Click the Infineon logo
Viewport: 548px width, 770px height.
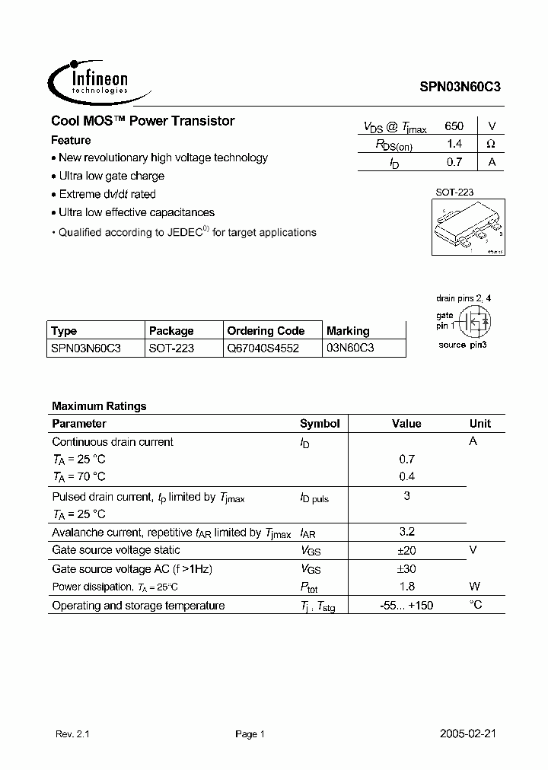[x=90, y=80]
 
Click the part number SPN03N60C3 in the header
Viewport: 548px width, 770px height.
[x=460, y=87]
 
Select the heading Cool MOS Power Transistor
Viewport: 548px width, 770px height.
[x=142, y=121]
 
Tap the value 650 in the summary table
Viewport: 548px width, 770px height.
[x=454, y=126]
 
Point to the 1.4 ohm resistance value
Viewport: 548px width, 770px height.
[x=454, y=144]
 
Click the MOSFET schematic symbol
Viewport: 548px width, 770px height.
[x=476, y=323]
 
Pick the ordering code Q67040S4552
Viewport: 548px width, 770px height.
[x=263, y=348]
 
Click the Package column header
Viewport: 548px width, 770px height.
[x=171, y=331]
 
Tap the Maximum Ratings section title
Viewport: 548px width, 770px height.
[x=99, y=406]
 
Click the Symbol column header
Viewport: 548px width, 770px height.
[x=320, y=424]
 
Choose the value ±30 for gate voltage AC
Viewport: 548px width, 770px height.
[x=407, y=569]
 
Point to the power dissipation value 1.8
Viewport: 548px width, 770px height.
[x=407, y=587]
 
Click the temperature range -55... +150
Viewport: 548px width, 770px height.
[x=407, y=606]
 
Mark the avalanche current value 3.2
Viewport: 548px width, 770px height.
[x=407, y=533]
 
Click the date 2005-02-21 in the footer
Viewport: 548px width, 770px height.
[x=469, y=734]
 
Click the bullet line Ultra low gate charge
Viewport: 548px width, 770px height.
[x=111, y=176]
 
